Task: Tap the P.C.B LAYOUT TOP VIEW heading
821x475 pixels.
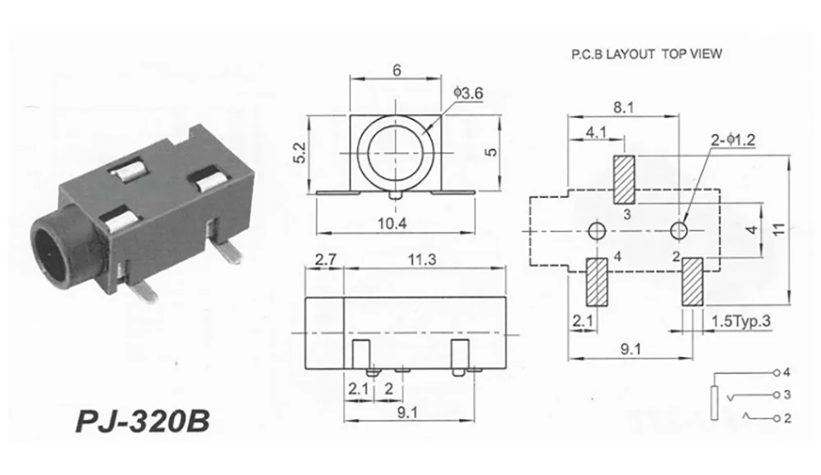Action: (646, 55)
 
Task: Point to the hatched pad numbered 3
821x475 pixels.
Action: (626, 180)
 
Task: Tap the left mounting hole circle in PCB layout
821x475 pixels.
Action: (597, 229)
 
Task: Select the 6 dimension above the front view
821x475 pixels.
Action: (397, 71)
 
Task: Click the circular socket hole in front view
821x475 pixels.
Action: (396, 151)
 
